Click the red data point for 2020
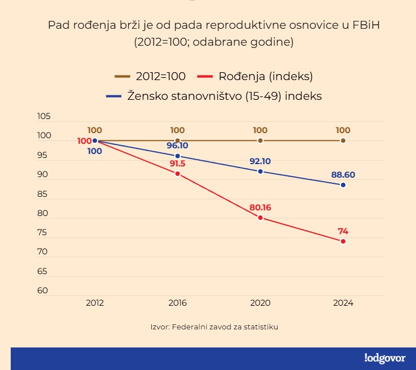click(260, 218)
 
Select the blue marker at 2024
click(343, 185)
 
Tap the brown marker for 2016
click(178, 140)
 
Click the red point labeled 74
click(343, 241)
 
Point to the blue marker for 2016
click(178, 156)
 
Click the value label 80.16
click(260, 207)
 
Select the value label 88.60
click(343, 174)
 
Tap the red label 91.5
click(178, 163)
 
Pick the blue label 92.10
click(260, 161)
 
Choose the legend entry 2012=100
click(151, 76)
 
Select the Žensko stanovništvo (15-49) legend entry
click(214, 96)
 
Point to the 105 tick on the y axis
click(43, 117)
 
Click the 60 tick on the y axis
click(43, 290)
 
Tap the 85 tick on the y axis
click(43, 194)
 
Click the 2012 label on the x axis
click(95, 303)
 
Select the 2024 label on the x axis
click(343, 303)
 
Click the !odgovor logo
click(385, 358)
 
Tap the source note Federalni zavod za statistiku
click(214, 327)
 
